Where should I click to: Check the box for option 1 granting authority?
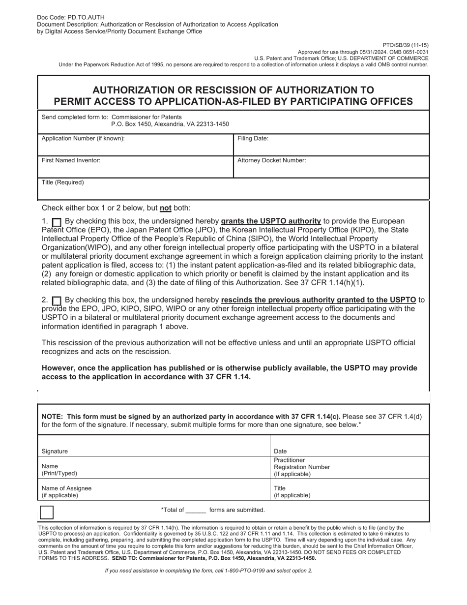(57, 222)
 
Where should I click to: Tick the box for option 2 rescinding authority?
(57, 301)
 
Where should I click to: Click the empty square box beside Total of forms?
(46, 512)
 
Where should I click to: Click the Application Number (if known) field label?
(83, 139)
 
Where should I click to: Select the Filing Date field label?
(253, 139)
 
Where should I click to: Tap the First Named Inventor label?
(71, 160)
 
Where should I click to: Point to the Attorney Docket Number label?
(272, 160)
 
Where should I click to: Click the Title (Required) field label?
(63, 182)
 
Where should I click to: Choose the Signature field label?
(55, 451)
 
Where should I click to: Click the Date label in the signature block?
(281, 451)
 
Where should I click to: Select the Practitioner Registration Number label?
(302, 467)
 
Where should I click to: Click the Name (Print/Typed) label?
(59, 470)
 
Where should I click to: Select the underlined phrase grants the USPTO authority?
(271, 221)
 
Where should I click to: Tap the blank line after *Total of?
(196, 511)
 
